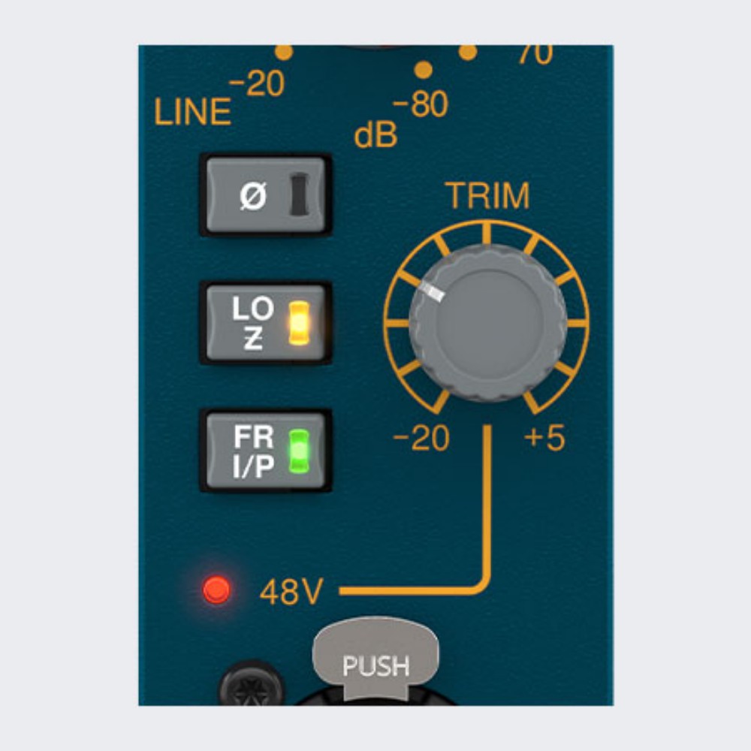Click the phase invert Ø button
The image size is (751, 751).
(x=266, y=195)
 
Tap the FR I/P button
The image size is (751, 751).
(x=266, y=451)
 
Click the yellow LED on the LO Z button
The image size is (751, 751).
(x=300, y=323)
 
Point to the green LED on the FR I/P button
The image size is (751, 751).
(x=300, y=451)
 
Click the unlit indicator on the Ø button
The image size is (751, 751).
(x=300, y=194)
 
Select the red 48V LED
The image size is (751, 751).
(x=216, y=590)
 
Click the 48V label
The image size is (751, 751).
(x=291, y=592)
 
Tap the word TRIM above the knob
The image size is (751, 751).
(x=488, y=195)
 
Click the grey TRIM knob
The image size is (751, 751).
(x=487, y=323)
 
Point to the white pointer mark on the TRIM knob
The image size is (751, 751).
(x=433, y=292)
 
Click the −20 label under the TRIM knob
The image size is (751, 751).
(x=421, y=438)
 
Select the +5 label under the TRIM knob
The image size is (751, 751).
(x=544, y=438)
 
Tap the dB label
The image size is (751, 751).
(x=376, y=134)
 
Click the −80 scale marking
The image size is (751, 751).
(x=420, y=104)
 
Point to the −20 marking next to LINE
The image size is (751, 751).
(x=257, y=84)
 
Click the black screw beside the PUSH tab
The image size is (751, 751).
(x=252, y=684)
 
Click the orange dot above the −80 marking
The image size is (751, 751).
(x=424, y=70)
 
